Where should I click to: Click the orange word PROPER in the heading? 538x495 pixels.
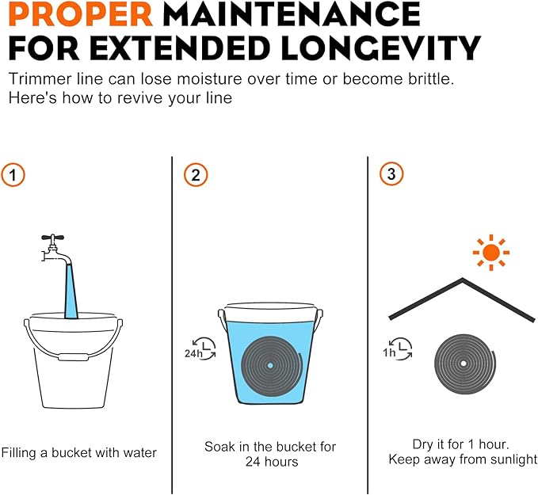(x=81, y=14)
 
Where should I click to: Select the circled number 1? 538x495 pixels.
(x=13, y=175)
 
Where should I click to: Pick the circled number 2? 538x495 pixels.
(x=196, y=175)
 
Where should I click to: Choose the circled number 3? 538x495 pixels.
(x=391, y=174)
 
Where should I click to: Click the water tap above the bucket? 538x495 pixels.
(x=54, y=249)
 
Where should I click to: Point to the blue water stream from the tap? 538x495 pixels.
(x=71, y=291)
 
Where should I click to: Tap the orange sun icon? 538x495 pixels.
(x=491, y=253)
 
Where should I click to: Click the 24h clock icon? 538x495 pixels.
(x=200, y=348)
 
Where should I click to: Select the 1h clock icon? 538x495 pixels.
(x=398, y=348)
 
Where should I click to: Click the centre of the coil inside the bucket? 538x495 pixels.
(x=270, y=365)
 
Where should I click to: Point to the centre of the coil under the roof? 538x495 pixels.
(x=464, y=364)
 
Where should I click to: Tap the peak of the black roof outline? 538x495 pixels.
(x=463, y=280)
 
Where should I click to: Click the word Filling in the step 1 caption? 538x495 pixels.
(x=19, y=453)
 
